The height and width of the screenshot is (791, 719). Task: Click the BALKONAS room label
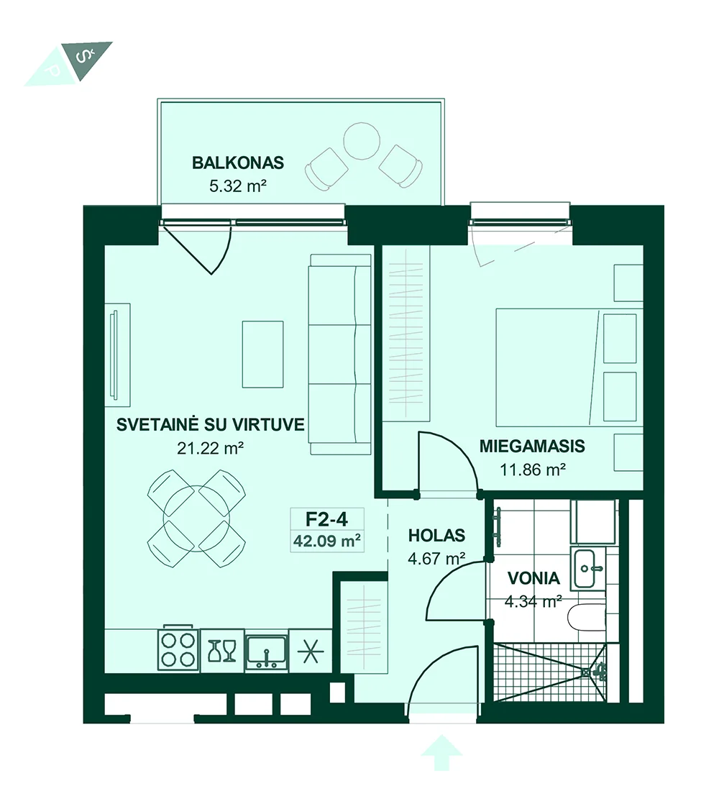click(x=238, y=163)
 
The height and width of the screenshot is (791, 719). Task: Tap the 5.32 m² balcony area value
click(x=238, y=186)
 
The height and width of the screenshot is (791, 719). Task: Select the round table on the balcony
click(x=361, y=141)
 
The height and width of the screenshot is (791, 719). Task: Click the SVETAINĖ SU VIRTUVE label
click(x=211, y=424)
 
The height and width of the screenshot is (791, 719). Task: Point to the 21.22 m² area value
click(x=211, y=448)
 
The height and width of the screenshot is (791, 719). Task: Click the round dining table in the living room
click(x=196, y=518)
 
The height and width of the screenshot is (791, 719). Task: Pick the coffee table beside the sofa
click(x=262, y=354)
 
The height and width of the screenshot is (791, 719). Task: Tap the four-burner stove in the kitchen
click(x=178, y=650)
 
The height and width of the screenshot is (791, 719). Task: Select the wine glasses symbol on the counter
click(x=222, y=651)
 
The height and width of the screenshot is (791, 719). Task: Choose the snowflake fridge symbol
click(x=311, y=651)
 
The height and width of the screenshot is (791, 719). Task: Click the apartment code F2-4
click(x=327, y=518)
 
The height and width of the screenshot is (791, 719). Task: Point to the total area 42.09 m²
click(x=327, y=541)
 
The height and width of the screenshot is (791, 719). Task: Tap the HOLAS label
click(x=436, y=535)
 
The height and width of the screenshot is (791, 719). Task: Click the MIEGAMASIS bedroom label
click(x=532, y=446)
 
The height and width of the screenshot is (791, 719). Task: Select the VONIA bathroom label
click(x=533, y=578)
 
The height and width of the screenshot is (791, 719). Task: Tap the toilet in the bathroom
click(x=586, y=617)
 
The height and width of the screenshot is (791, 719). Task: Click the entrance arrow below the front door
click(x=441, y=753)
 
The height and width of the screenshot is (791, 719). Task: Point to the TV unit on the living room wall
click(x=118, y=355)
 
